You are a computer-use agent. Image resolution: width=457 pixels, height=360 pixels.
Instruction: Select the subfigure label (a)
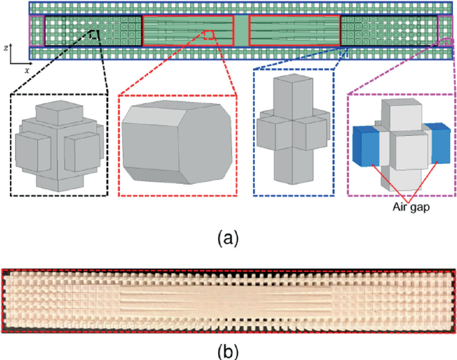click(x=228, y=237)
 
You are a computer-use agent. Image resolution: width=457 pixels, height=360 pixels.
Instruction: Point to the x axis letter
click(x=27, y=68)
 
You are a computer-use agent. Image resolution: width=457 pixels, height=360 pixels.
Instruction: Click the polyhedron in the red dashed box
click(x=177, y=143)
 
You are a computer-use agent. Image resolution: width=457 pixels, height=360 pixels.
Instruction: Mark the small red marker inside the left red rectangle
click(x=209, y=34)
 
